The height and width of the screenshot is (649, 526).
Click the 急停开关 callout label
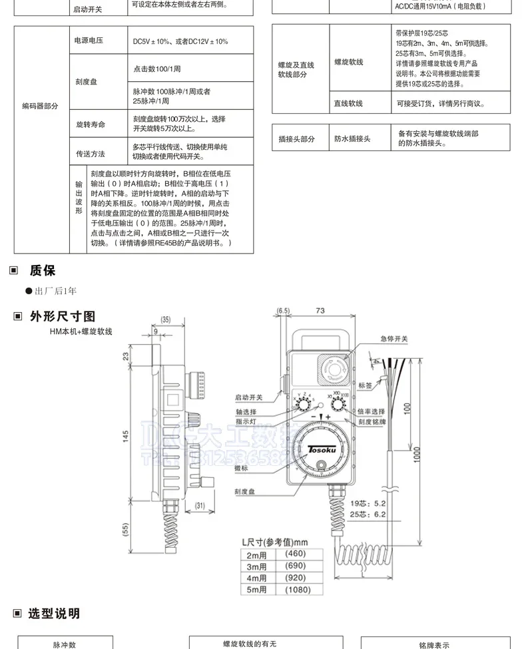pyautogui.click(x=394, y=339)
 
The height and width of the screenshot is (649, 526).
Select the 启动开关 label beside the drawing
pyautogui.click(x=249, y=397)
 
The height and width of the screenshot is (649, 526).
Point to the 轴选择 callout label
pyautogui.click(x=246, y=412)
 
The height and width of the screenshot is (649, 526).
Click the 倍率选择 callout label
pyautogui.click(x=371, y=411)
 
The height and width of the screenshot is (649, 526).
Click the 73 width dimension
pyautogui.click(x=320, y=311)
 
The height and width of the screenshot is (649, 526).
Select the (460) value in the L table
pyautogui.click(x=295, y=554)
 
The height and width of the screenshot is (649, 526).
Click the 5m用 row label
pyautogui.click(x=256, y=590)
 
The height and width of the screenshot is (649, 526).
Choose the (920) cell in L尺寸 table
pyautogui.click(x=295, y=578)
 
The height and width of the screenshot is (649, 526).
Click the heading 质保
pyautogui.click(x=42, y=271)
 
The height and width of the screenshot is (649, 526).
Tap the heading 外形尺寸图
pyautogui.click(x=62, y=316)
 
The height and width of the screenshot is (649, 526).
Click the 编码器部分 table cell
pyautogui.click(x=41, y=106)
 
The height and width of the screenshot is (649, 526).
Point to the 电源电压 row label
pyautogui.click(x=89, y=41)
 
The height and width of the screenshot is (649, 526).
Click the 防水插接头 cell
pyautogui.click(x=352, y=138)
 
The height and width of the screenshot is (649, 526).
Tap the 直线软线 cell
pyautogui.click(x=348, y=103)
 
